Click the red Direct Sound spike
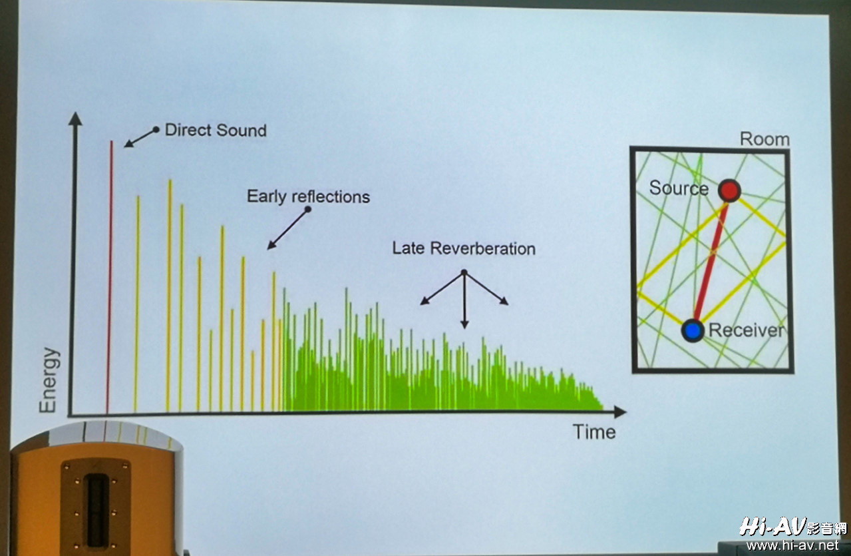pyautogui.click(x=109, y=277)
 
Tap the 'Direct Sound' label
pyautogui.click(x=216, y=130)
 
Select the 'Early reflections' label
pyautogui.click(x=308, y=196)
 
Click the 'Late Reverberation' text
pyautogui.click(x=464, y=248)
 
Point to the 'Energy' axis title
pyautogui.click(x=49, y=380)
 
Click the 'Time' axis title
pyautogui.click(x=594, y=432)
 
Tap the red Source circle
pyautogui.click(x=729, y=190)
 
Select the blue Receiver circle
pyautogui.click(x=693, y=330)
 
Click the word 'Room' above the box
pyautogui.click(x=765, y=139)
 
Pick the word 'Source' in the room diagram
pyautogui.click(x=679, y=188)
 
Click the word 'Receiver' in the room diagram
pyautogui.click(x=747, y=330)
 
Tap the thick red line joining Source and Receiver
pyautogui.click(x=711, y=262)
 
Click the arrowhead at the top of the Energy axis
pyautogui.click(x=75, y=119)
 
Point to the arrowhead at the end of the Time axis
pyautogui.click(x=620, y=412)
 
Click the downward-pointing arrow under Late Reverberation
pyautogui.click(x=464, y=300)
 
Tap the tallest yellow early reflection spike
pyautogui.click(x=169, y=295)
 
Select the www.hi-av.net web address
pyautogui.click(x=792, y=545)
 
